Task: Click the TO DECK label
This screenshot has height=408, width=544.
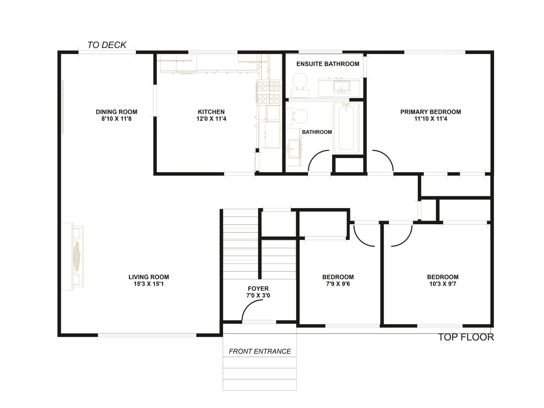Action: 107,45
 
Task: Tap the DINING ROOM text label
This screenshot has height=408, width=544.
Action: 116,112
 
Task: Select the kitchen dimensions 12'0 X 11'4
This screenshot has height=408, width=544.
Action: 211,119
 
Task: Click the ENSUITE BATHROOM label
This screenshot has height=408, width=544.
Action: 328,64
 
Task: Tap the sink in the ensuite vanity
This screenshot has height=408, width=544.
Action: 341,87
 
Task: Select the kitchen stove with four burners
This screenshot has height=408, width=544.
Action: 268,92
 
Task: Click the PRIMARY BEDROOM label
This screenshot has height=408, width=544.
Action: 430,112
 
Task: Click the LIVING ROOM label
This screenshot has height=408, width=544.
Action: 149,277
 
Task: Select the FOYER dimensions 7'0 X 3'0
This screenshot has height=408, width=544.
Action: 258,295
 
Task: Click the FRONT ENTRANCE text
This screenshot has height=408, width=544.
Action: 260,351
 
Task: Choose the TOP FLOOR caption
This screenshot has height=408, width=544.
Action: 465,337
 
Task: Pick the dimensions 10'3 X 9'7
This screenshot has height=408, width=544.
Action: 443,284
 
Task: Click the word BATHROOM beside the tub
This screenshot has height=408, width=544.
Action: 317,132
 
